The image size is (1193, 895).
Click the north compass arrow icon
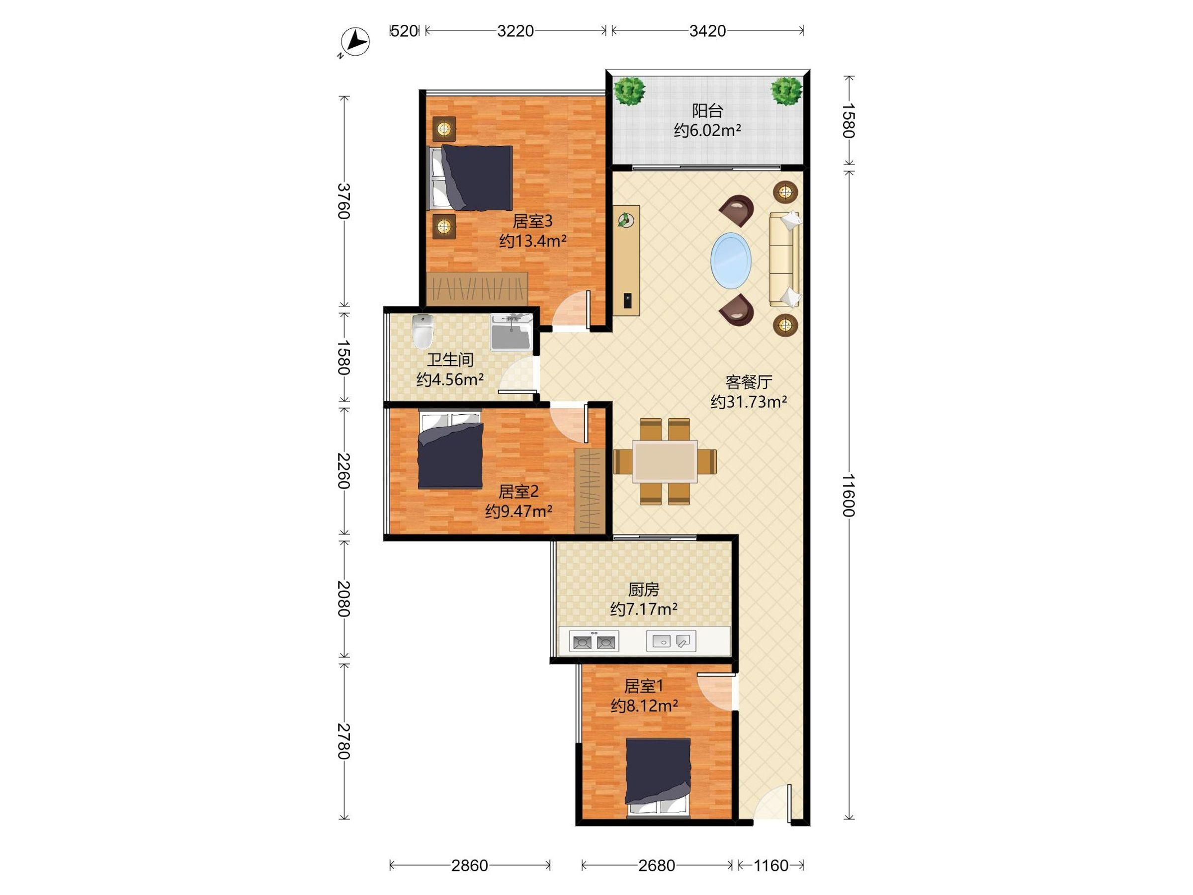point(355,42)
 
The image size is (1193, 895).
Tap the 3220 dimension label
point(515,31)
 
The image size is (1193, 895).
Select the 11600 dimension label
point(849,495)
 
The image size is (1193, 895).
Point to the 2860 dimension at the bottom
point(469,865)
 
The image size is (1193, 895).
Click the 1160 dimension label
point(770,865)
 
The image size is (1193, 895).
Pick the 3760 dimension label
point(343,201)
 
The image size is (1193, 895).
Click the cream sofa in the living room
point(784,260)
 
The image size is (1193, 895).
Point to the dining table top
point(665,461)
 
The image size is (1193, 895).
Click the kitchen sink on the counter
point(671,641)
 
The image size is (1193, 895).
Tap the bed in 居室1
point(658,776)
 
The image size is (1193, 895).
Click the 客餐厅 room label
point(749,382)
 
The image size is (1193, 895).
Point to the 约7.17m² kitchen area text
point(643,609)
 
